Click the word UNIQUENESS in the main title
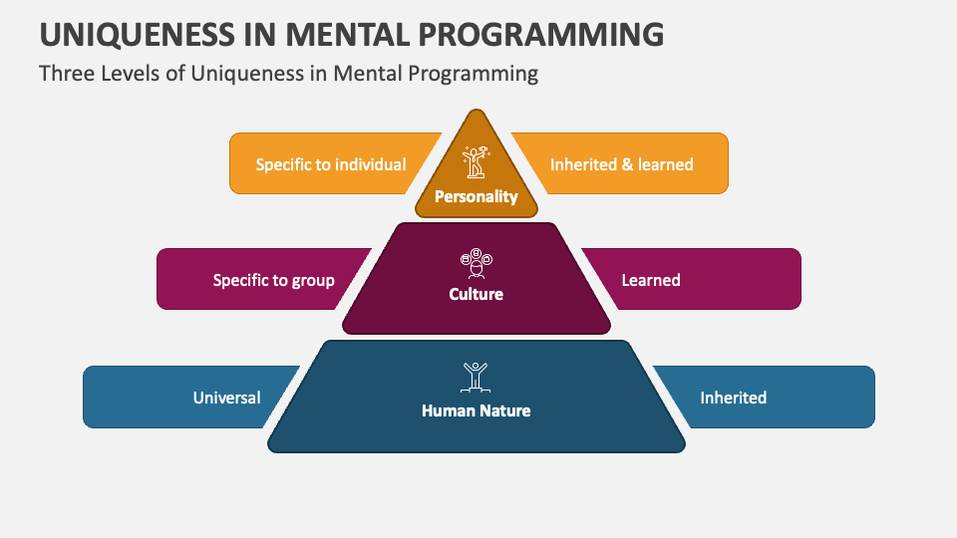[138, 34]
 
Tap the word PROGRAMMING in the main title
[540, 34]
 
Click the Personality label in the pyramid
[477, 197]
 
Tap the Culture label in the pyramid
[477, 294]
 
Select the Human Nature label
[477, 410]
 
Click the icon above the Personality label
[477, 162]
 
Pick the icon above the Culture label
[477, 263]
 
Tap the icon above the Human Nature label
[476, 377]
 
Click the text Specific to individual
[331, 164]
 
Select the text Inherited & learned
[621, 164]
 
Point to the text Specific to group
[273, 281]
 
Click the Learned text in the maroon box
[651, 280]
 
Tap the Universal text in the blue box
[226, 398]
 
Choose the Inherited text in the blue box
[733, 398]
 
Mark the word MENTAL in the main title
[347, 34]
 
